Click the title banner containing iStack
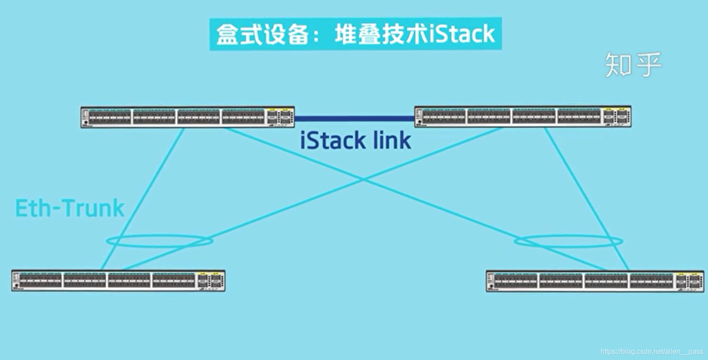pos(355,34)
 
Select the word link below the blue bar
pos(392,141)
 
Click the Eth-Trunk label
pos(70,208)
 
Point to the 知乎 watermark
pos(633,65)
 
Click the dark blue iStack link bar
pos(354,119)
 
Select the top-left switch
pos(187,117)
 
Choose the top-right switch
pos(523,117)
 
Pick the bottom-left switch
pos(118,281)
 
